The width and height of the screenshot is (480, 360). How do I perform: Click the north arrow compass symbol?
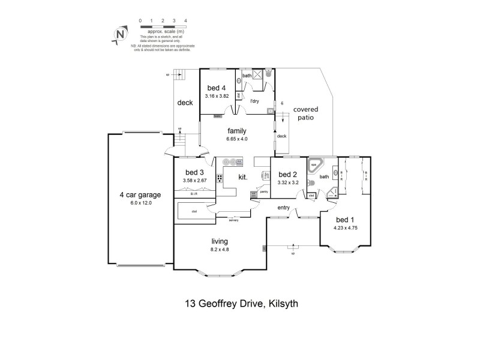point(121,35)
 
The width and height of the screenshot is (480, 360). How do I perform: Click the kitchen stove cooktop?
point(220,178)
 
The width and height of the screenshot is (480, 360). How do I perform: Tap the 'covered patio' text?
point(305,113)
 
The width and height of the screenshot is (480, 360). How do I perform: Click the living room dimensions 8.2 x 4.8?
point(219,249)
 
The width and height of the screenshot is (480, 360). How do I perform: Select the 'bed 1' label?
point(344,220)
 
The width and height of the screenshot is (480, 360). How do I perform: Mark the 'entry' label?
point(284,208)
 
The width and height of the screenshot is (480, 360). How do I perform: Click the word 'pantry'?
point(255,192)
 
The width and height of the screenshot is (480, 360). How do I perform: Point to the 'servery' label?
point(233,220)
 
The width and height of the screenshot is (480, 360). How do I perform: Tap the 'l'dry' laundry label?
point(255,101)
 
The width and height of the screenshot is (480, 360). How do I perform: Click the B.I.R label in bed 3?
point(194,194)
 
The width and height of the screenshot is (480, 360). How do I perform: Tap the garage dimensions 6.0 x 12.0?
point(139,203)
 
